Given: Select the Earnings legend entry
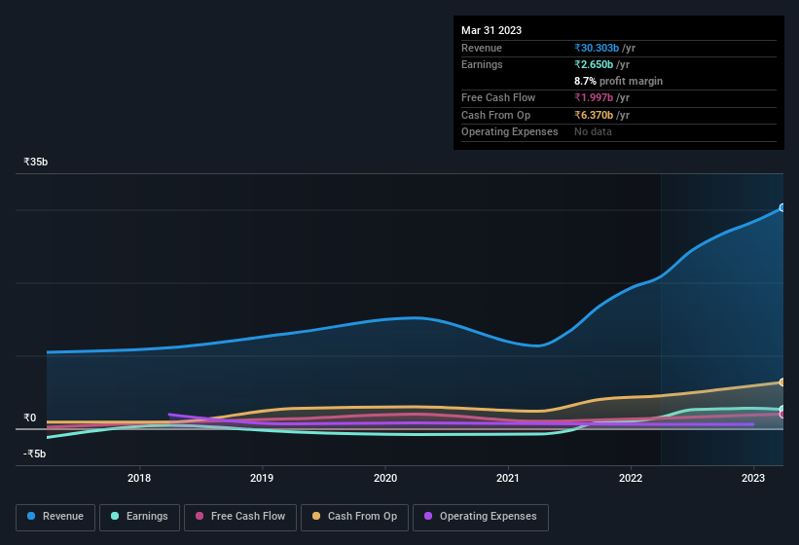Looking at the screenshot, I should click(x=139, y=516).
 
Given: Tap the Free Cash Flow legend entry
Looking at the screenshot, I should click(x=239, y=516).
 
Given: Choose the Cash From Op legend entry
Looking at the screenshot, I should click(x=355, y=516).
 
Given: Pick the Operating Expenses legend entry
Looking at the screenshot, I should click(x=480, y=516).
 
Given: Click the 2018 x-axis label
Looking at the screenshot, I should click(x=139, y=478).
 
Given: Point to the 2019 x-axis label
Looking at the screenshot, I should click(x=262, y=478).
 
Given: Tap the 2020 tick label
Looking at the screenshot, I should click(x=385, y=478).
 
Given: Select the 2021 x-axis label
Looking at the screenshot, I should click(x=507, y=478).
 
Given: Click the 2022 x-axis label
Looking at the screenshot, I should click(x=631, y=478).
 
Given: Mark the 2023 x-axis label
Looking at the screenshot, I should click(x=753, y=478).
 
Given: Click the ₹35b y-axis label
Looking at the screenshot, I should click(x=36, y=162).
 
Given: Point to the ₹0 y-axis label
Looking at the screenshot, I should click(x=30, y=418).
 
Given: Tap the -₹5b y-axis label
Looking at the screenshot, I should click(x=35, y=454).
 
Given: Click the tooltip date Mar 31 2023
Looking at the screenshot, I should click(x=491, y=30).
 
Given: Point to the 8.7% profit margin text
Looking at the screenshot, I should click(x=618, y=81).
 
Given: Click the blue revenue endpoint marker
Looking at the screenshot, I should click(x=781, y=208).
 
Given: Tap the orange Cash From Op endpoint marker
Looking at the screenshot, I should click(x=781, y=382).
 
